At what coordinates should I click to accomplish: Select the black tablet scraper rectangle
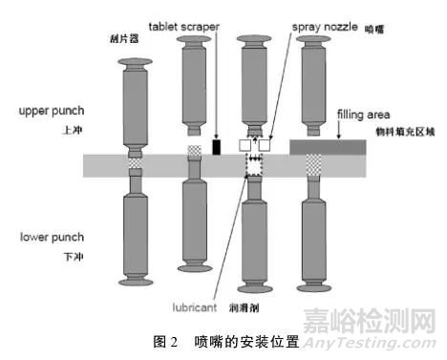click(x=217, y=148)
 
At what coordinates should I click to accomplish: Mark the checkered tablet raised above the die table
click(x=195, y=151)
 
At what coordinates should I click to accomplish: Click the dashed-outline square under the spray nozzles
click(x=256, y=166)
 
